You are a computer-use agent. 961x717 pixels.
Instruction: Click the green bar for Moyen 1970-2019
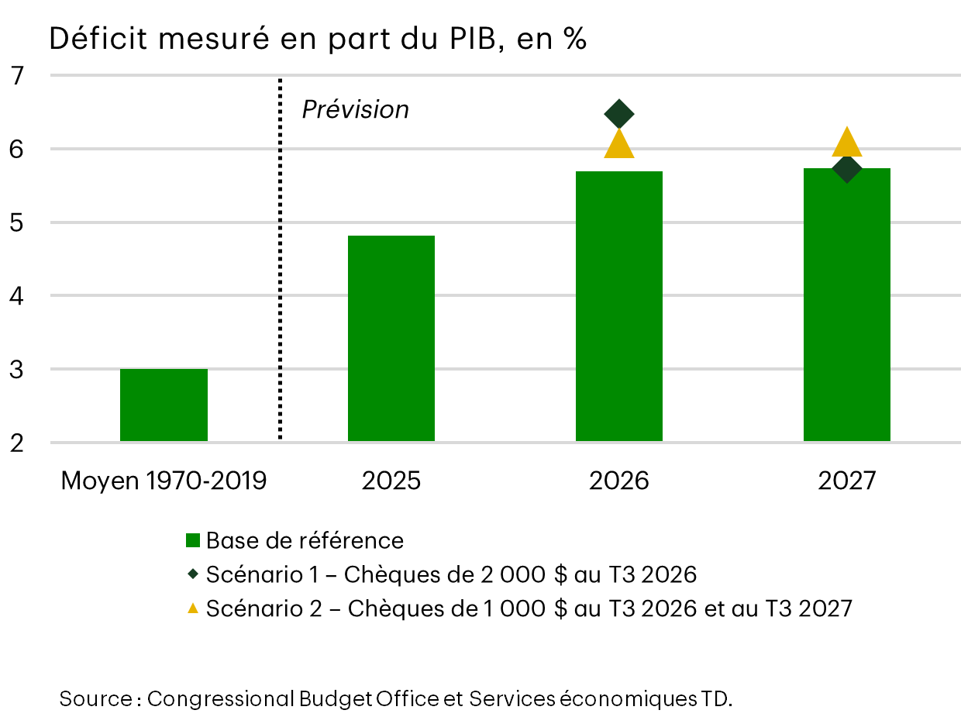click(x=164, y=405)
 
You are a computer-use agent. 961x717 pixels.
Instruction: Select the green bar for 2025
click(x=391, y=339)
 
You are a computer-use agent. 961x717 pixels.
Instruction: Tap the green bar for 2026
click(x=619, y=306)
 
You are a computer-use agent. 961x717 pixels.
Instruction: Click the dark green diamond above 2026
click(x=619, y=114)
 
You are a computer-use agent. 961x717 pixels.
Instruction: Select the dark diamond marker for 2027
click(x=847, y=168)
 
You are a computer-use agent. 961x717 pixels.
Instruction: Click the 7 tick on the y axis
click(x=17, y=76)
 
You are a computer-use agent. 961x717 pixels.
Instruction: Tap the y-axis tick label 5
click(x=17, y=222)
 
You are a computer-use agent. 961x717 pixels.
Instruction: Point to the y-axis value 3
click(x=17, y=370)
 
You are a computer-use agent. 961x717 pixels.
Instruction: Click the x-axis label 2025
click(x=391, y=481)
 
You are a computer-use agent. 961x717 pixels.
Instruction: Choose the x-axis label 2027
click(x=847, y=481)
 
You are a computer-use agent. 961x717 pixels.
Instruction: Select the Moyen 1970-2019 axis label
click(x=164, y=481)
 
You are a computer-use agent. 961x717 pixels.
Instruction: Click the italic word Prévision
click(x=355, y=110)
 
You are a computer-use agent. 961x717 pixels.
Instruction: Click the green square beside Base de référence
click(x=193, y=541)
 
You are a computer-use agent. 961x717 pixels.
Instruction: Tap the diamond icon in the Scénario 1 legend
click(x=193, y=574)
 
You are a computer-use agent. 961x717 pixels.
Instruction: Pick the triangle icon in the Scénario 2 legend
click(x=193, y=608)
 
